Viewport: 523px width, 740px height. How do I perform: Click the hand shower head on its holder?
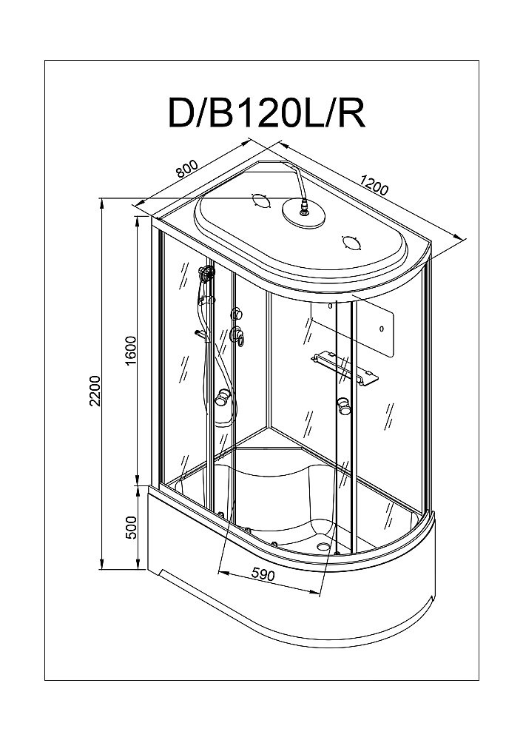(x=206, y=275)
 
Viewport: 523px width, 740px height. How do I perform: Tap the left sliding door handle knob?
(x=221, y=400)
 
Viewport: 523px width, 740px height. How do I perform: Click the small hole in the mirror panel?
(x=380, y=329)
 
